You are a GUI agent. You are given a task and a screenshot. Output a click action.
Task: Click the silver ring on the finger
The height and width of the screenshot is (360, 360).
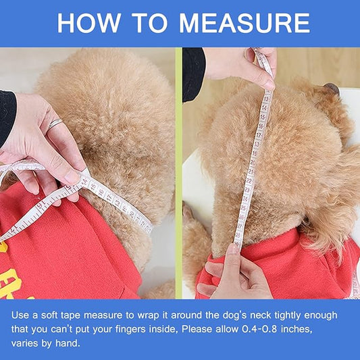click(x=55, y=124)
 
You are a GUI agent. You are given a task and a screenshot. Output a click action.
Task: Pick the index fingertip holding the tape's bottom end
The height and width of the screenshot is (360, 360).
click(x=233, y=248)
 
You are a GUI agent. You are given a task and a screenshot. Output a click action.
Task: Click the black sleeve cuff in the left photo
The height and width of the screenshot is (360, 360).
click(x=7, y=115)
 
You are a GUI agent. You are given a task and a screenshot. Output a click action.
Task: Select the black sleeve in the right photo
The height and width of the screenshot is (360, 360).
click(x=192, y=71)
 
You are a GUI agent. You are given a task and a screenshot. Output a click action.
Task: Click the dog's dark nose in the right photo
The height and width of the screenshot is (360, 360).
click(x=331, y=88)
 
